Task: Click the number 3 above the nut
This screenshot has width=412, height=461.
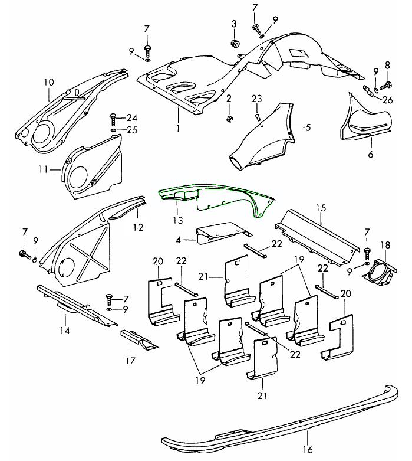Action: coord(233,24)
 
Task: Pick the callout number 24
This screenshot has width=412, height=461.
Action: coord(131,117)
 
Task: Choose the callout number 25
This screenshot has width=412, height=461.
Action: coord(131,129)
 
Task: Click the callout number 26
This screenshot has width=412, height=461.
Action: coord(387,99)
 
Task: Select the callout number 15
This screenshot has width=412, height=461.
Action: coord(320,208)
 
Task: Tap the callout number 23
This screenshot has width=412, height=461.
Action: coord(256,98)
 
